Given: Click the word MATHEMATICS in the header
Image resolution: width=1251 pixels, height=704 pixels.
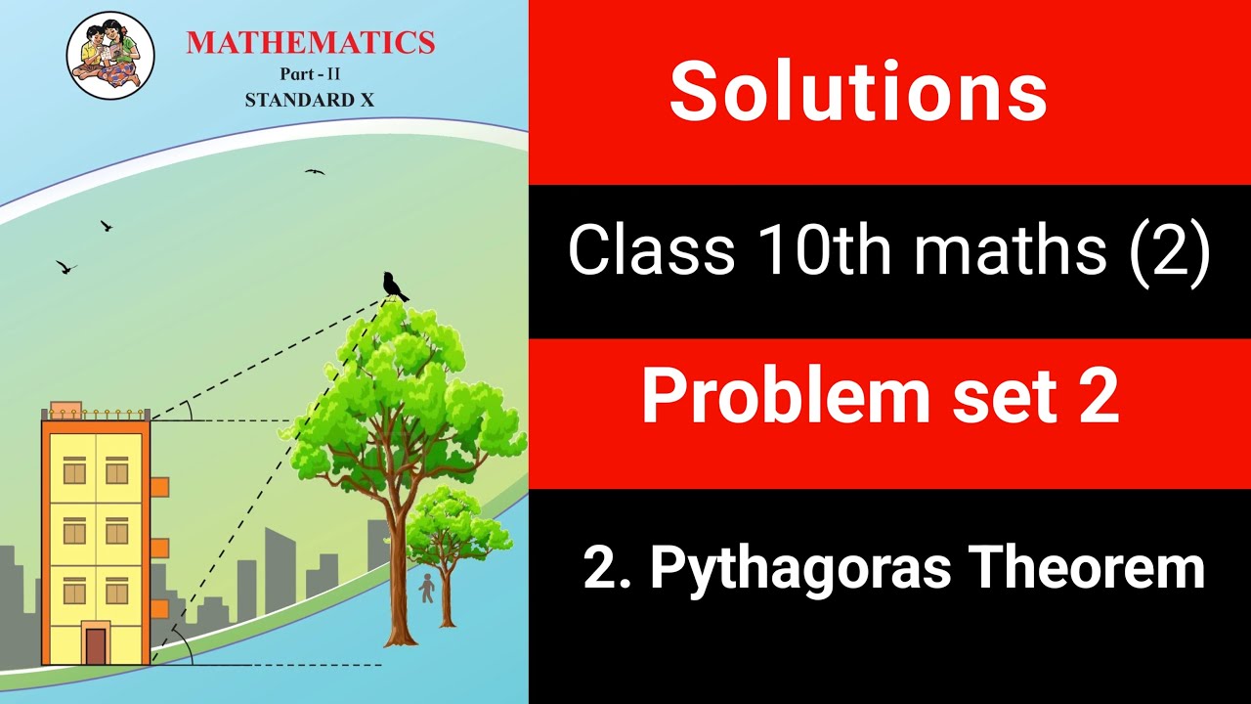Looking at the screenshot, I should [x=310, y=42].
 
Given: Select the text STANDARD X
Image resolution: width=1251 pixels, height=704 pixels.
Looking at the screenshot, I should [x=309, y=99].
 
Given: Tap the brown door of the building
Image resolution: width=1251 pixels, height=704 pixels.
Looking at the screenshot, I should [x=96, y=645].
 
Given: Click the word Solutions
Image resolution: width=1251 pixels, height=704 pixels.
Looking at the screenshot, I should [x=858, y=91].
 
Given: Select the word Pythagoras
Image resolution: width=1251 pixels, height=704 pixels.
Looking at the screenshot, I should [x=800, y=569].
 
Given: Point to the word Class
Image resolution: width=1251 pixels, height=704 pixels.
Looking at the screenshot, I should [x=651, y=250].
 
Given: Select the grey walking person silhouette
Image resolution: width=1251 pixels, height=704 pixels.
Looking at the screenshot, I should [x=426, y=588].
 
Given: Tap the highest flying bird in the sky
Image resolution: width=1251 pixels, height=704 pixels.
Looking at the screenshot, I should [x=314, y=172].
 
